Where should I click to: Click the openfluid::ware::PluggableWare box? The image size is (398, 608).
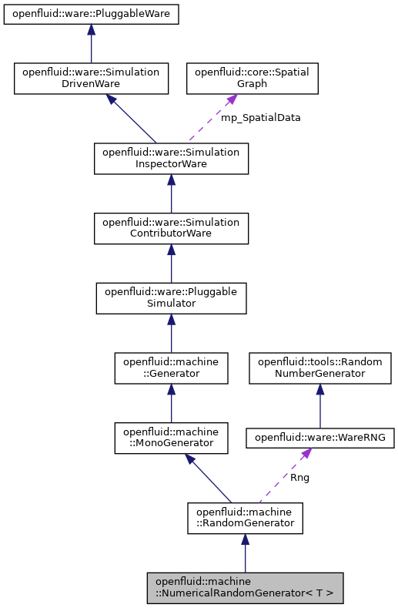pyautogui.click(x=91, y=15)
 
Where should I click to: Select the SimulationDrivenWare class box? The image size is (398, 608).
pyautogui.click(x=91, y=78)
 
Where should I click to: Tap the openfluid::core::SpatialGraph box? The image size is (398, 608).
pyautogui.click(x=253, y=78)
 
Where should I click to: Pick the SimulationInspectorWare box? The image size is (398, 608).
pyautogui.click(x=171, y=159)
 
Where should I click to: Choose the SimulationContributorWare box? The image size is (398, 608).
pyautogui.click(x=171, y=228)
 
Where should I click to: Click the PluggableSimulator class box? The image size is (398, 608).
pyautogui.click(x=171, y=297)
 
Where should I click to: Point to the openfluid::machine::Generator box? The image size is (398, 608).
pyautogui.click(x=171, y=368)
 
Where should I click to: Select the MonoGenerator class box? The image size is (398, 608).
pyautogui.click(x=171, y=437)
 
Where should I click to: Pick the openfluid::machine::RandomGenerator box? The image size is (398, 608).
pyautogui.click(x=245, y=518)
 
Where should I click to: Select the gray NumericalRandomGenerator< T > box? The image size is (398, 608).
pyautogui.click(x=245, y=588)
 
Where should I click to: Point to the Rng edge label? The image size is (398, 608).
pyautogui.click(x=300, y=478)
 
